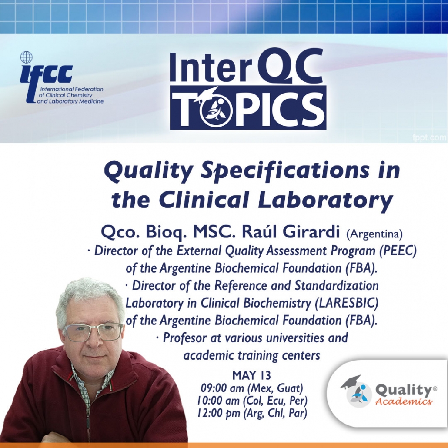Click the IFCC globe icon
[27, 57]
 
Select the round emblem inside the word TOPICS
[216, 111]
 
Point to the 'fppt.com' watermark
[430, 138]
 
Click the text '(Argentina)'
[374, 234]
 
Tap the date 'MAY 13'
[252, 375]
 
